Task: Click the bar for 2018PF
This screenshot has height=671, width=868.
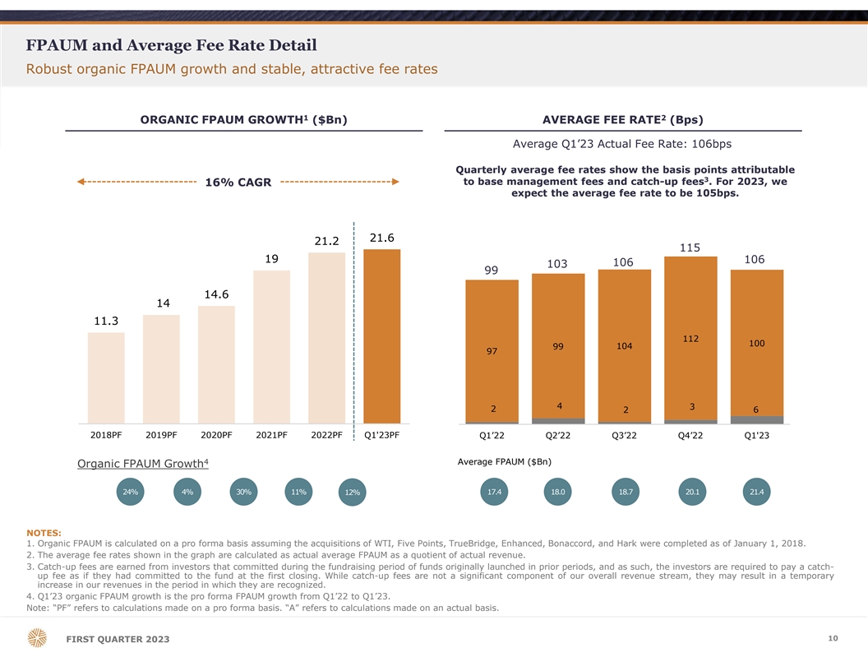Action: (106, 377)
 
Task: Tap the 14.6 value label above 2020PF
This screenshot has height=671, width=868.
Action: (216, 294)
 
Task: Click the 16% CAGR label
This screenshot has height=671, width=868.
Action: (238, 182)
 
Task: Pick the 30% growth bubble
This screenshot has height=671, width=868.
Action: (243, 492)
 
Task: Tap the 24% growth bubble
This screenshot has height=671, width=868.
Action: (130, 492)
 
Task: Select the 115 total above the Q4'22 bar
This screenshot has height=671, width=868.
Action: (690, 248)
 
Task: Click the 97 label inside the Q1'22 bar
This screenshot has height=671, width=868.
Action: (492, 352)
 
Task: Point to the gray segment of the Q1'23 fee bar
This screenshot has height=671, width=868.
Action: (756, 420)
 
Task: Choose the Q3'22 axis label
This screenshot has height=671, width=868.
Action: (624, 436)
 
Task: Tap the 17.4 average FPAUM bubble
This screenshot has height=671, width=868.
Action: (494, 492)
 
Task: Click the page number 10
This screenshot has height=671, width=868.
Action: (833, 638)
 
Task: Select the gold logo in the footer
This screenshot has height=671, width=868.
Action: (37, 638)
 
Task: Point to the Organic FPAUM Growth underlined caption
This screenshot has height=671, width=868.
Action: (142, 464)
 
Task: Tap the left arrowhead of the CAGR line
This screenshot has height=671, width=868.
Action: (81, 182)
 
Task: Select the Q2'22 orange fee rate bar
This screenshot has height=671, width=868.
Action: (558, 345)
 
